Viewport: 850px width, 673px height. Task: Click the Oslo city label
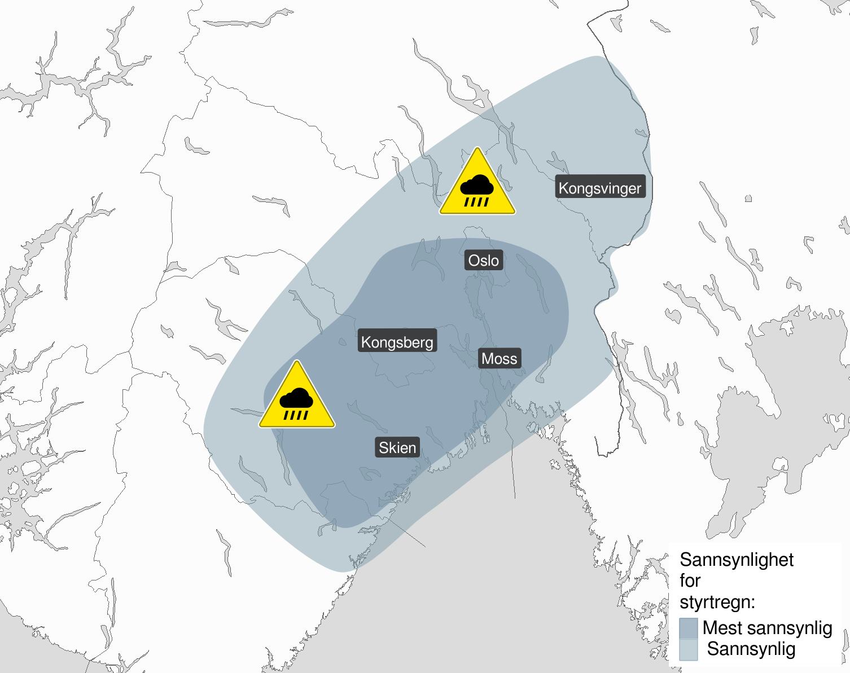pos(484,261)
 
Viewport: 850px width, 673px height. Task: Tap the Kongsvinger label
pos(600,188)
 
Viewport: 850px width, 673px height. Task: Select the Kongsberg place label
pos(397,342)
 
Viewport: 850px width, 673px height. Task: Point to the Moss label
pos(500,359)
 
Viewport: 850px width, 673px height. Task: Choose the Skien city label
pos(397,448)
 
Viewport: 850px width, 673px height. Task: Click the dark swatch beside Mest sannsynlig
pos(689,628)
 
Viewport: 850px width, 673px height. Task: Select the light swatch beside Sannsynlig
pos(689,649)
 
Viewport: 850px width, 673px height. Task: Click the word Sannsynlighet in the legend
pos(737,560)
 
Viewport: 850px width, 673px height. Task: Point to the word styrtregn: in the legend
pos(717,602)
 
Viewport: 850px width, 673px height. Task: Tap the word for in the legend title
pos(690,580)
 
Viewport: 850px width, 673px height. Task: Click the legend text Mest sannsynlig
pos(767,628)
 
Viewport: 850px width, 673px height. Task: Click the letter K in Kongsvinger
pos(563,188)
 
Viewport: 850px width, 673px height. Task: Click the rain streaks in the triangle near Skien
pos(296,415)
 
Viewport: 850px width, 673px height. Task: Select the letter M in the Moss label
pos(487,359)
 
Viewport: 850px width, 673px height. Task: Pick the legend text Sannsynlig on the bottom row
pos(751,649)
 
